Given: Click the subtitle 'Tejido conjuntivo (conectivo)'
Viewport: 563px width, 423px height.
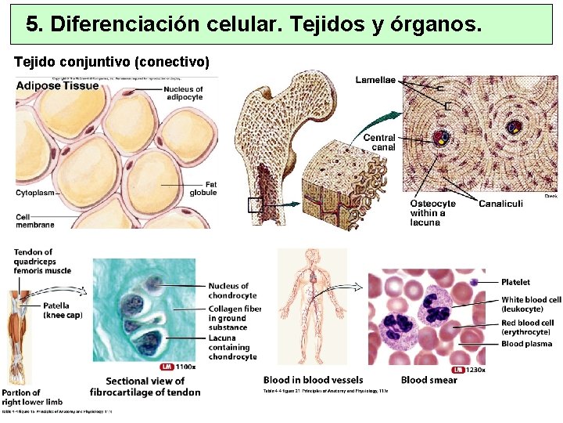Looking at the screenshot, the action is pyautogui.click(x=112, y=61).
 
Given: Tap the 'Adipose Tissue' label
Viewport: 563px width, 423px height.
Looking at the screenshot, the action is pyautogui.click(x=57, y=86).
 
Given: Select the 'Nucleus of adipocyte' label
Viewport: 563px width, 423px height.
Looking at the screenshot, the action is pyautogui.click(x=183, y=93).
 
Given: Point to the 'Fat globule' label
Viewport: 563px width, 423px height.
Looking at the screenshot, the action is pyautogui.click(x=203, y=188).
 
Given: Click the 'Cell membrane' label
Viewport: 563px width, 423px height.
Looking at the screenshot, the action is pyautogui.click(x=35, y=220).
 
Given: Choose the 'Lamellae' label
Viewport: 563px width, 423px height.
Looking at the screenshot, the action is pyautogui.click(x=375, y=80).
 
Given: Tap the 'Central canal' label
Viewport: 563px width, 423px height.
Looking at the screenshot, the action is pyautogui.click(x=379, y=142).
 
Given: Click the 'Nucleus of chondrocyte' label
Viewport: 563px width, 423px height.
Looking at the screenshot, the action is pyautogui.click(x=231, y=291).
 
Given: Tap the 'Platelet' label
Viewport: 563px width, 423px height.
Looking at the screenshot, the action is pyautogui.click(x=515, y=282).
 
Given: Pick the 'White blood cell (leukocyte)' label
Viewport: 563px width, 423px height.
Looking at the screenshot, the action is pyautogui.click(x=531, y=304).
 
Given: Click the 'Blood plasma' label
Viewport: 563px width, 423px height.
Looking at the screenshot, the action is pyautogui.click(x=525, y=344).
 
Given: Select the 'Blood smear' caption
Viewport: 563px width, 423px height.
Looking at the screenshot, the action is pyautogui.click(x=429, y=381).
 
